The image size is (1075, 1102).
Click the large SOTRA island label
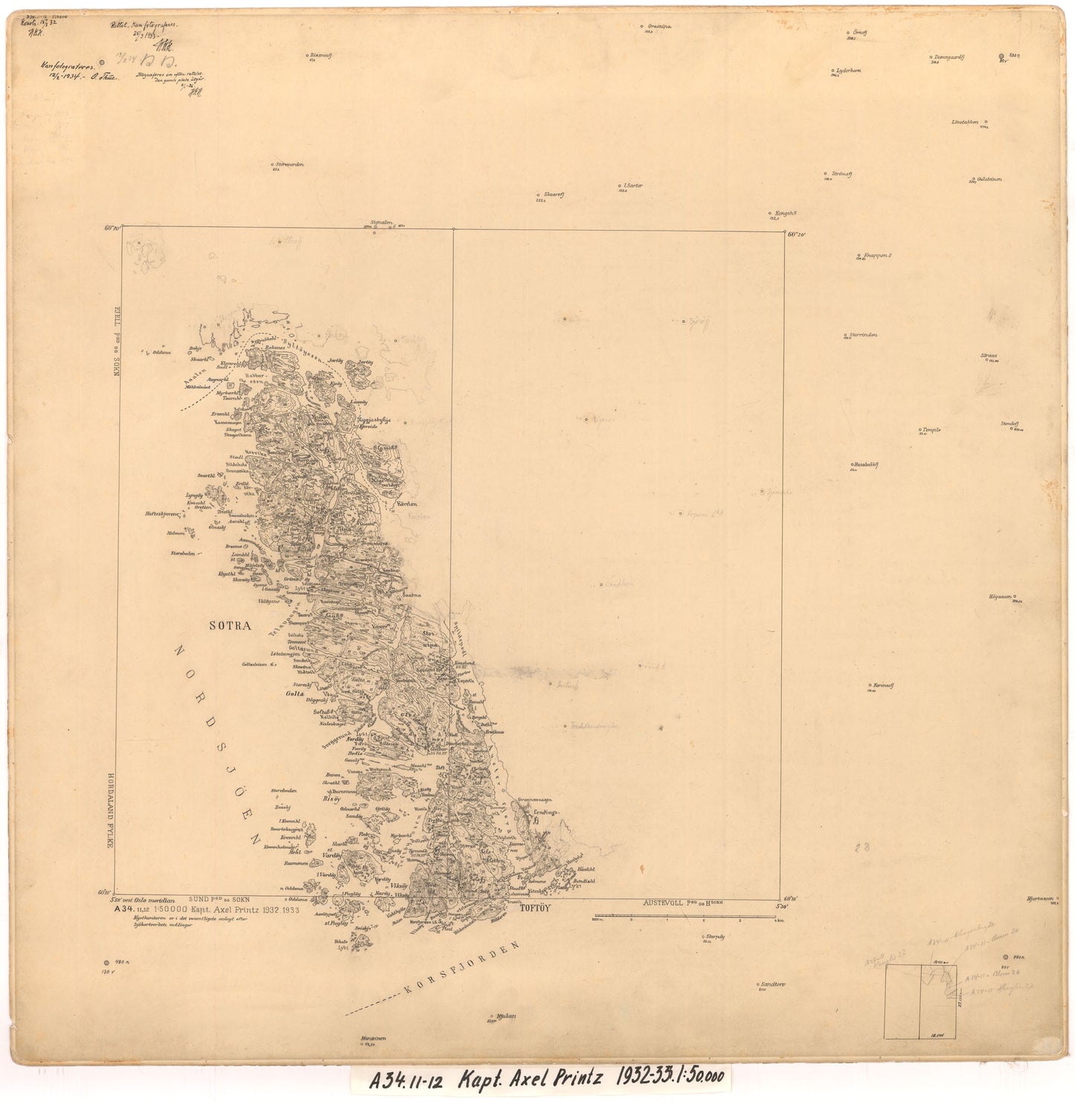[231, 627]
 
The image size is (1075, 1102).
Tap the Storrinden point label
[861, 335]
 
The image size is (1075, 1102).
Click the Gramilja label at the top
[659, 25]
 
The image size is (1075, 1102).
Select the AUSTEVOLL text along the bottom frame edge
[667, 902]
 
